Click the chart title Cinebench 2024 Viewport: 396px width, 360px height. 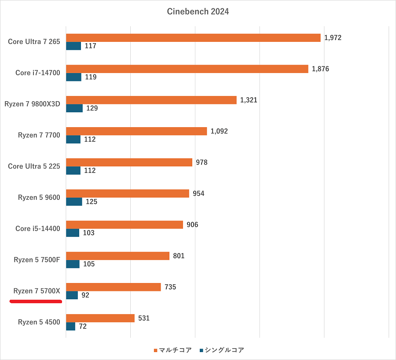click(198, 12)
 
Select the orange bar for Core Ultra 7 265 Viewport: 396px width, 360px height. click(193, 38)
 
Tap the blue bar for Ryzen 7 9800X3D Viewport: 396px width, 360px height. click(74, 108)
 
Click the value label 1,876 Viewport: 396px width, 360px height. click(320, 69)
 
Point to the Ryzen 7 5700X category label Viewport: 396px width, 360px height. click(37, 291)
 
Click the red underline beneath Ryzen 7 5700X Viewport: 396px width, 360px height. click(35, 301)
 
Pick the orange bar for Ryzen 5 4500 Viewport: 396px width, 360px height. click(100, 318)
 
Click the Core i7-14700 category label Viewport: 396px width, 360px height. click(37, 73)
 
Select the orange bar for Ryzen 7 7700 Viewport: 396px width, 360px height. click(136, 131)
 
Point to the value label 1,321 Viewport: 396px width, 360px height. click(249, 100)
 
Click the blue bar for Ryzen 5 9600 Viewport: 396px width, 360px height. click(74, 202)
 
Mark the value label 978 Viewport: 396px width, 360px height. click(202, 162)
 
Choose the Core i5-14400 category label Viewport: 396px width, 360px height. click(37, 228)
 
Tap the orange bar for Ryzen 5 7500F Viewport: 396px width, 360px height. click(117, 256)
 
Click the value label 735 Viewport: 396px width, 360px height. click(170, 287)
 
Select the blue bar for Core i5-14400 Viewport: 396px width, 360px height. click(73, 233)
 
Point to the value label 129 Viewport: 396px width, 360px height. click(92, 108)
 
